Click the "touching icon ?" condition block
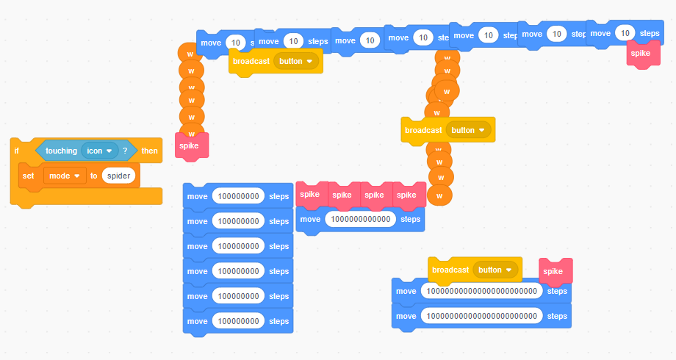[x=86, y=151]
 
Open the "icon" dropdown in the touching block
[x=100, y=151]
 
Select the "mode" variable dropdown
[x=65, y=176]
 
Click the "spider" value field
[x=118, y=176]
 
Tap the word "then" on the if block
[x=150, y=151]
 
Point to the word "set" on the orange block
[x=28, y=176]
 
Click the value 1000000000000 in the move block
[x=361, y=219]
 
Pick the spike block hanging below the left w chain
[x=192, y=146]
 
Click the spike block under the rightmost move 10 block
[x=643, y=54]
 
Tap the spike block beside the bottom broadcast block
[x=555, y=272]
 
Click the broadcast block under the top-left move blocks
[x=276, y=62]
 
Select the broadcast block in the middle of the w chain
[x=448, y=130]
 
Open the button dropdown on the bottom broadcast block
[x=495, y=270]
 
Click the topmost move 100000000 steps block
[x=238, y=197]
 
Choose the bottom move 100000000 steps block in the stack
[x=238, y=322]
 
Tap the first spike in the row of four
[x=312, y=195]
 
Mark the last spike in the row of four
[x=409, y=195]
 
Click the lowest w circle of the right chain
[x=439, y=195]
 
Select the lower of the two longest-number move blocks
[x=481, y=317]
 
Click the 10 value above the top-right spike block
[x=625, y=33]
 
